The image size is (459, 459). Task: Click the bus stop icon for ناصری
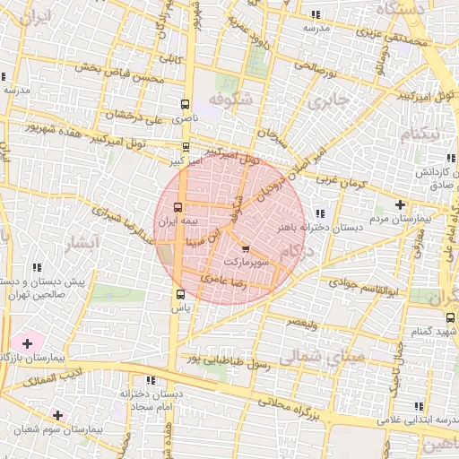click(x=186, y=103)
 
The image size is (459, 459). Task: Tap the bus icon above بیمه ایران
click(x=178, y=206)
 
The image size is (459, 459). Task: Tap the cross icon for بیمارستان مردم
click(x=399, y=204)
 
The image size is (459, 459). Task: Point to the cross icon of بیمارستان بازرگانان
click(x=27, y=343)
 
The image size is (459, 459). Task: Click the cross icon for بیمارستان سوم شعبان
click(x=58, y=415)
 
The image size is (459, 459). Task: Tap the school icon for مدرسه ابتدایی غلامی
click(x=416, y=403)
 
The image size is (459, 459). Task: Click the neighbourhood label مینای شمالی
click(x=320, y=359)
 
